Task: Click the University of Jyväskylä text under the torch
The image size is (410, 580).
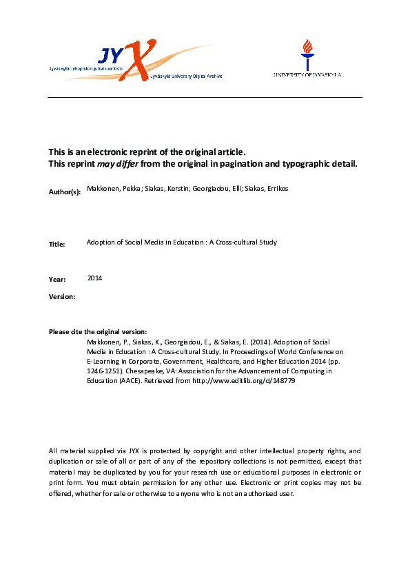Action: tap(307, 74)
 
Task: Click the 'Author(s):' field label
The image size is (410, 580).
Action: tap(65, 191)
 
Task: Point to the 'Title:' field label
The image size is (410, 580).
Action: tap(57, 244)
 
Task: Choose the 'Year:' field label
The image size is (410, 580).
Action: tap(57, 279)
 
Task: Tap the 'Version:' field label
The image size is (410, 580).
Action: tap(63, 296)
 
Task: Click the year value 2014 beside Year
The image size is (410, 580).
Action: tap(95, 278)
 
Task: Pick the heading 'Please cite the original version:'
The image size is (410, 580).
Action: tap(98, 332)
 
